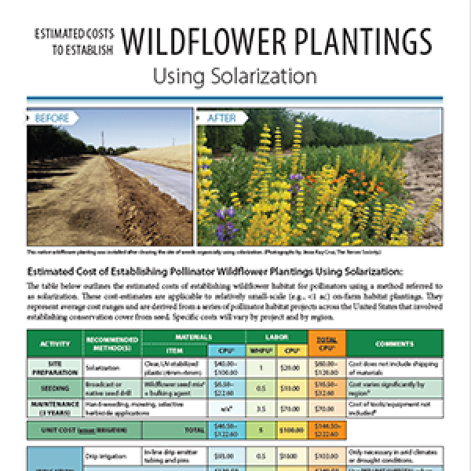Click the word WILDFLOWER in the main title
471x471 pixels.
click(x=207, y=41)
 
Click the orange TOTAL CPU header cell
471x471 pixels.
click(x=322, y=343)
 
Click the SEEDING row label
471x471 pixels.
click(x=53, y=388)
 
